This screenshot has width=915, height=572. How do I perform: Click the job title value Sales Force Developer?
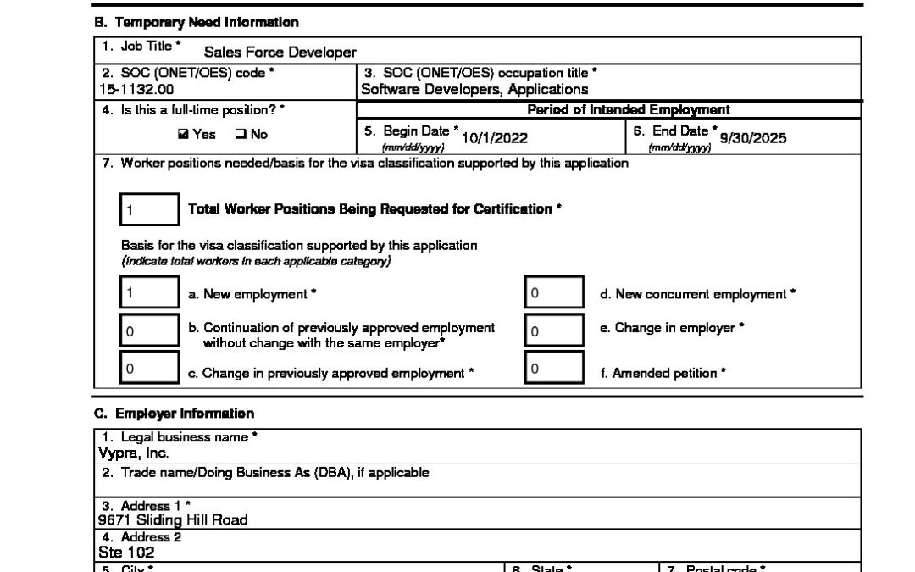point(280,53)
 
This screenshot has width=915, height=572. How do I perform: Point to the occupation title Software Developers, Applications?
point(474,89)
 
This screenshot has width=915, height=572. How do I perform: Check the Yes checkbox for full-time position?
point(183,135)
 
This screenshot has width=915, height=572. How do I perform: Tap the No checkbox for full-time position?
point(240,135)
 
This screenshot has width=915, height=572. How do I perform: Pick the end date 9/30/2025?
point(752,138)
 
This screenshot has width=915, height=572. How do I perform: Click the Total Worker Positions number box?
point(149,209)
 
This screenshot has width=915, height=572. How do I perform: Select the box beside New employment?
point(149,294)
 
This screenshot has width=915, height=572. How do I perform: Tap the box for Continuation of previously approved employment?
point(149,331)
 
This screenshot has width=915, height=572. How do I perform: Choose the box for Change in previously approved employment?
point(149,368)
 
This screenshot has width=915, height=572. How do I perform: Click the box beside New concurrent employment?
point(553,294)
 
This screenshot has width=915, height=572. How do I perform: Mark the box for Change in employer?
point(553,331)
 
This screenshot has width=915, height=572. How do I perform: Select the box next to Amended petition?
point(553,368)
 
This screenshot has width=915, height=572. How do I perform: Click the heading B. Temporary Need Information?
point(196,22)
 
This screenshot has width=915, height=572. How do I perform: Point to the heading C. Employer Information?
point(174,414)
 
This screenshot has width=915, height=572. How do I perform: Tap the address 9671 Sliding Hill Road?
point(173,519)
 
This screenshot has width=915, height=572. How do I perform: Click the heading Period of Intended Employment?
point(629,110)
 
